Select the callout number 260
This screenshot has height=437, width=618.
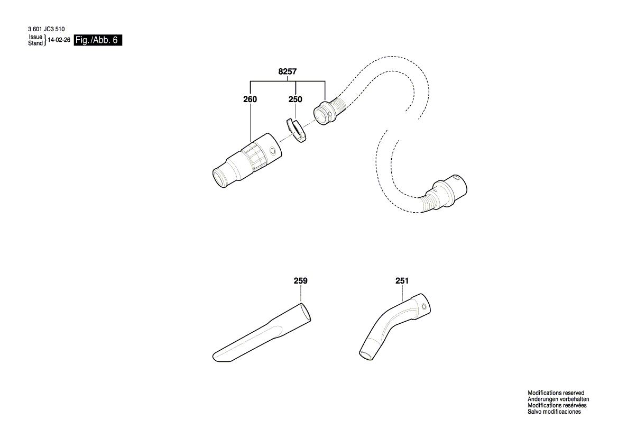(250, 99)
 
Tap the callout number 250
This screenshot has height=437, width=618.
(295, 99)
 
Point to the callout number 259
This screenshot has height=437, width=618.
(300, 281)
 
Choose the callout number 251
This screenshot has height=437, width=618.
(402, 281)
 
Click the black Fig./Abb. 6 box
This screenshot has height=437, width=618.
(98, 41)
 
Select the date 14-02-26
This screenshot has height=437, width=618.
(59, 40)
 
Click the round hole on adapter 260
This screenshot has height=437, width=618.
(272, 152)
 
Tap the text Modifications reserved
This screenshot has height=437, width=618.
(556, 393)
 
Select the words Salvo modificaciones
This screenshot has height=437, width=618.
(554, 412)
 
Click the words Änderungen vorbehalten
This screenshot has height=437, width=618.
(558, 399)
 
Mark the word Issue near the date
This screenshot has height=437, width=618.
(35, 37)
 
